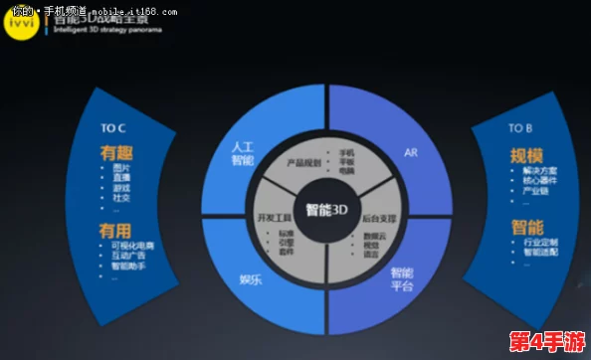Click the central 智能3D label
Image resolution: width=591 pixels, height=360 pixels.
pyautogui.click(x=326, y=210)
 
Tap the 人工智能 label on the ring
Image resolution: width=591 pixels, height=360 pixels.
pyautogui.click(x=242, y=152)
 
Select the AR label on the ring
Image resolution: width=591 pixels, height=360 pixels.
pyautogui.click(x=410, y=153)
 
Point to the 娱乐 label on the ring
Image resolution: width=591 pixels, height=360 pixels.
pyautogui.click(x=251, y=278)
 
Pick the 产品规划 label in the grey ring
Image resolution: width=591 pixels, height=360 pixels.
pyautogui.click(x=303, y=162)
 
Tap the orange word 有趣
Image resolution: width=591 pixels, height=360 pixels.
pyautogui.click(x=115, y=153)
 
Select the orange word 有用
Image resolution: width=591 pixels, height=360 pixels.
pyautogui.click(x=115, y=230)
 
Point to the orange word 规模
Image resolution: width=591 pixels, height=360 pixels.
pyautogui.click(x=526, y=155)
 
